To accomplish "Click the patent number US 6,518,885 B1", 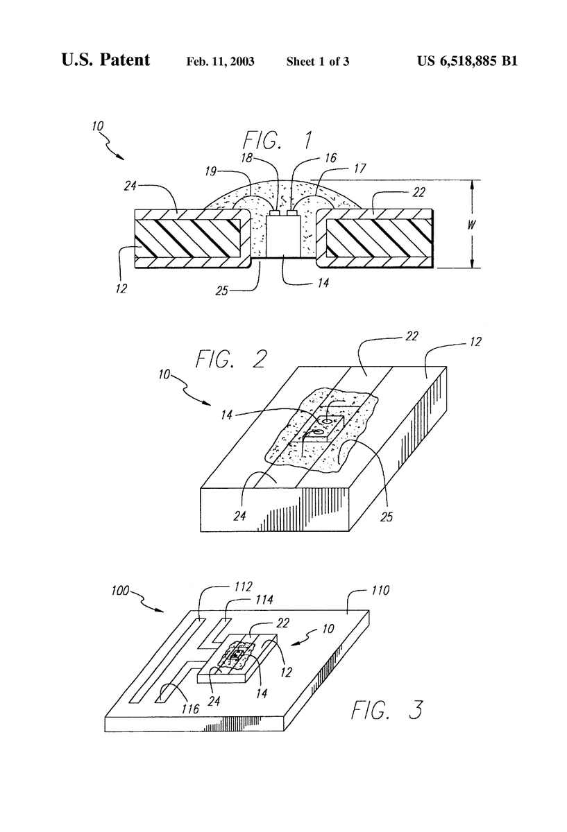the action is [467, 61].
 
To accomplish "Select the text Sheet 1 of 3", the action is [318, 61].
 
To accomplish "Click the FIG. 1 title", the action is [278, 140].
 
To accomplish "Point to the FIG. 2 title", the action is [231, 359].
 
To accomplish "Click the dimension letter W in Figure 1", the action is [471, 225].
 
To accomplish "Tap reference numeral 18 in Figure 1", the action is [246, 158].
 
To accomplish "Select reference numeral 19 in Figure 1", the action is [211, 171].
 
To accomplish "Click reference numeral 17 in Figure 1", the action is [360, 168].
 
